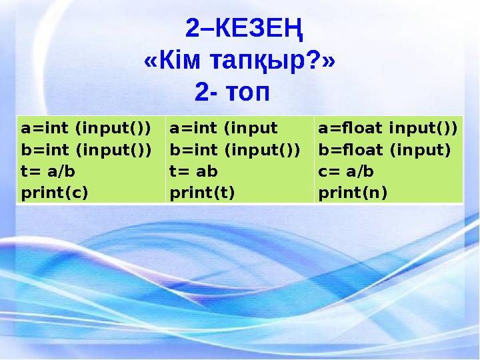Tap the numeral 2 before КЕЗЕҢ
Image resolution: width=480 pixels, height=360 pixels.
click(x=192, y=29)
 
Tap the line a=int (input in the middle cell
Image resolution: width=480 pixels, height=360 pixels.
click(x=223, y=127)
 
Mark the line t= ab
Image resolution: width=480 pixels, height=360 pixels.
click(x=193, y=171)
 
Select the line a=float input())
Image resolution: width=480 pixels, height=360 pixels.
click(x=387, y=127)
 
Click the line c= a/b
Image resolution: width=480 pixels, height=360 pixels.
click(x=346, y=171)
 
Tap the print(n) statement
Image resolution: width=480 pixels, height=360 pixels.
click(x=353, y=193)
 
